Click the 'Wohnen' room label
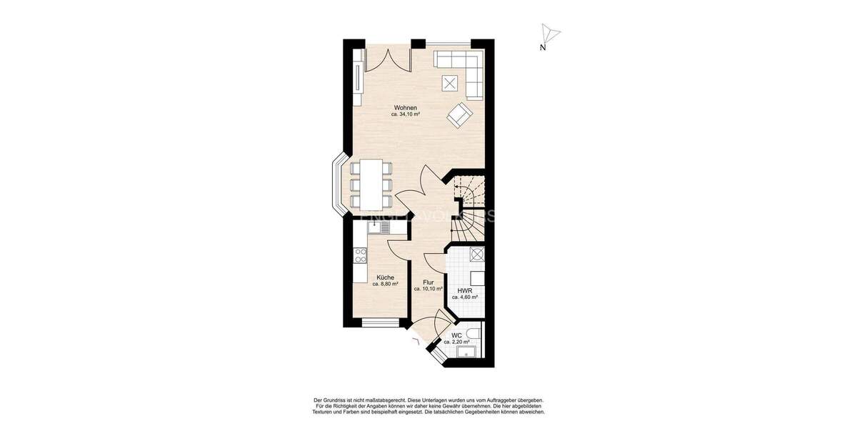click(405, 107)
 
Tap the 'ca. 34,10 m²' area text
click(405, 114)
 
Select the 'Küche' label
click(385, 277)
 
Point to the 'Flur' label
click(428, 282)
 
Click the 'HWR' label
click(464, 290)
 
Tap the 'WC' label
click(456, 335)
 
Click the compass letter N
click(543, 48)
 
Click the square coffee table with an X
click(450, 83)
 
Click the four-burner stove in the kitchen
click(359, 255)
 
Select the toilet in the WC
click(477, 335)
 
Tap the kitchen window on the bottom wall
click(380, 322)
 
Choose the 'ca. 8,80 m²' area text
click(385, 284)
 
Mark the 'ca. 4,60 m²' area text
click(464, 297)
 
